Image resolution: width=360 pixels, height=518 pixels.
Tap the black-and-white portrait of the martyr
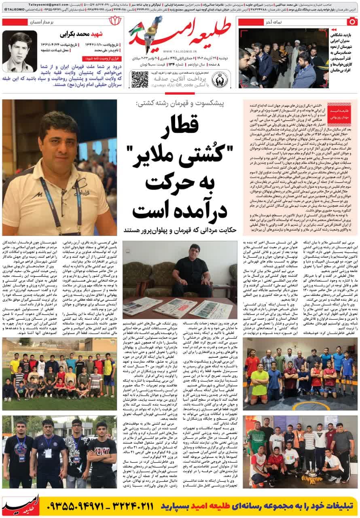pos(19,51)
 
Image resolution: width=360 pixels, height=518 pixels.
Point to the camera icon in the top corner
pos(353,22)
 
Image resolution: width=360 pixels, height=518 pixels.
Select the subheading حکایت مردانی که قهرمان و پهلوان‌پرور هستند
pos(180,230)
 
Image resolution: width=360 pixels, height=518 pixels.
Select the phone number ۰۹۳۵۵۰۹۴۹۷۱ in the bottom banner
pos(81,506)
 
